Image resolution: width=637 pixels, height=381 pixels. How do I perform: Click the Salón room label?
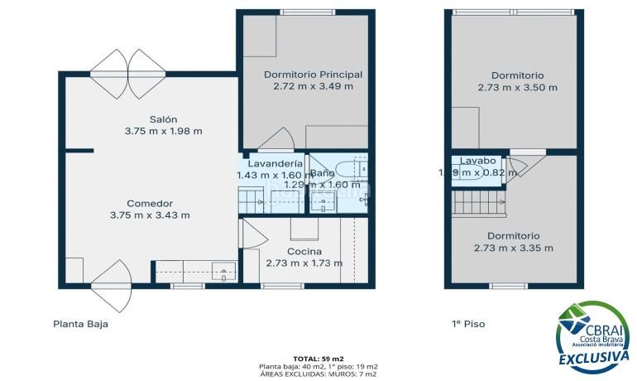pyautogui.click(x=163, y=118)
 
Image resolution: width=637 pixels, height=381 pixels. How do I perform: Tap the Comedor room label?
pyautogui.click(x=150, y=203)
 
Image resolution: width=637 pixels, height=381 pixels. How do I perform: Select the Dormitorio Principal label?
pyautogui.click(x=313, y=75)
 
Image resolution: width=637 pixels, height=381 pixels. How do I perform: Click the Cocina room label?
pyautogui.click(x=304, y=252)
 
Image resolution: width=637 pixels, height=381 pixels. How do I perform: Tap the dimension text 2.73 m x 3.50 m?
pyautogui.click(x=517, y=87)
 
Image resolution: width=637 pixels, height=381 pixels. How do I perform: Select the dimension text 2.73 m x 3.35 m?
pyautogui.click(x=513, y=248)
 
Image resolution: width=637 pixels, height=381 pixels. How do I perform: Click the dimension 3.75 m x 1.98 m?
pyautogui.click(x=163, y=131)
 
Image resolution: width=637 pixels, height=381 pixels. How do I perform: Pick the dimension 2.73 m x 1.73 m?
pyautogui.click(x=304, y=263)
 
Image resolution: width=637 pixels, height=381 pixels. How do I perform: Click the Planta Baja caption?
pyautogui.click(x=80, y=325)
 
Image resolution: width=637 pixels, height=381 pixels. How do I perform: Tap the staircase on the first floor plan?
pyautogui.click(x=478, y=202)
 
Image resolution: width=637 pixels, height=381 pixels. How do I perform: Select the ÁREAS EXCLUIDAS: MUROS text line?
pyautogui.click(x=318, y=374)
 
